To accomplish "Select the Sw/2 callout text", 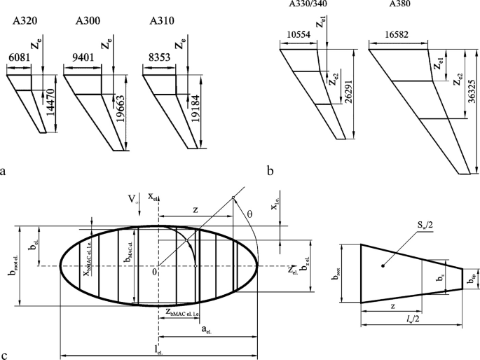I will click(419, 229).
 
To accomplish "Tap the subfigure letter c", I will click(6, 354).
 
